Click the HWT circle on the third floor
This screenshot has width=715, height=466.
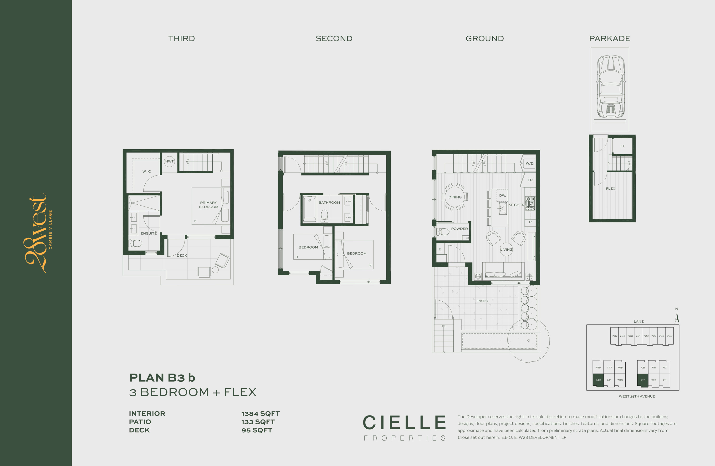tap(169, 161)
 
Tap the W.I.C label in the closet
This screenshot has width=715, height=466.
tap(147, 172)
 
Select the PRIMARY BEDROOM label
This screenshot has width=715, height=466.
tap(209, 205)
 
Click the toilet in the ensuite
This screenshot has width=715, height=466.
tap(136, 243)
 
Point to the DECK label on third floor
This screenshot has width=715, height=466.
tap(182, 256)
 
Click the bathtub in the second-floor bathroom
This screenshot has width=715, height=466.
tap(309, 209)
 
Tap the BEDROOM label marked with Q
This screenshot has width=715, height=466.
tap(357, 253)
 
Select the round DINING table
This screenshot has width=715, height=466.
tap(455, 197)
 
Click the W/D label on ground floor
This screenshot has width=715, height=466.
tap(530, 163)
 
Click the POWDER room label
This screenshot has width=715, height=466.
tap(459, 229)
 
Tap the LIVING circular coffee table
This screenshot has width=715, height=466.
tap(506, 249)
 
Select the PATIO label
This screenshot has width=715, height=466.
tap(483, 301)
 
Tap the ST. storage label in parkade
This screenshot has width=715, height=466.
tap(622, 146)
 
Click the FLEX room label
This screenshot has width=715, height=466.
tap(610, 188)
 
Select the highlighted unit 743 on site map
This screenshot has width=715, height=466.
tap(598, 380)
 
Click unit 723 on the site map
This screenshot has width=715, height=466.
tap(670, 336)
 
